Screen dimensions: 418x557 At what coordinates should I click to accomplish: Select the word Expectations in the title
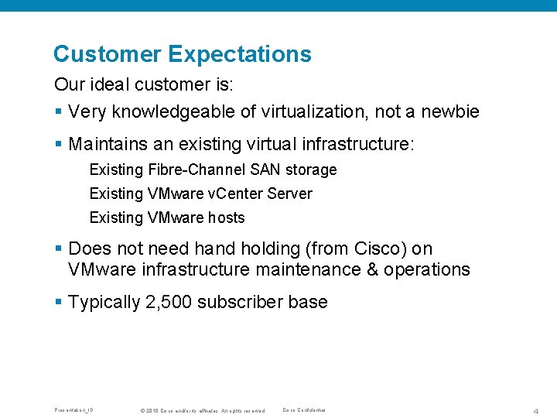point(239,54)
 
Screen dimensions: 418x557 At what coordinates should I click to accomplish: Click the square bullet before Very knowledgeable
point(58,112)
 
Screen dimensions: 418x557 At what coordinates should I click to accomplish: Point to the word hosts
point(226,218)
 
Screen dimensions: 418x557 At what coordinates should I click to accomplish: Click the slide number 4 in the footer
point(535,410)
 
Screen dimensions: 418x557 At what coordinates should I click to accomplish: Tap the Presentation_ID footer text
point(74,409)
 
